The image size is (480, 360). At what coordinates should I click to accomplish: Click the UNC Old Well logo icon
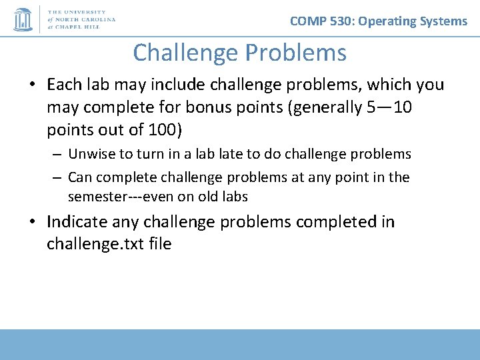click(x=23, y=19)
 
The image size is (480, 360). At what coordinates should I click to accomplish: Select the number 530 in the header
click(x=342, y=21)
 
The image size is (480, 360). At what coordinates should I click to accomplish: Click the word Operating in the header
click(x=387, y=21)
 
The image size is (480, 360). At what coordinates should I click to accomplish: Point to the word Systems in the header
click(x=443, y=21)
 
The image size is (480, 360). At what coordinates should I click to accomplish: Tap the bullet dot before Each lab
click(x=33, y=85)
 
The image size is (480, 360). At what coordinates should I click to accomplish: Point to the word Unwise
click(x=91, y=154)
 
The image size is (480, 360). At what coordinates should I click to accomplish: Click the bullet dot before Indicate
click(x=33, y=223)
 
